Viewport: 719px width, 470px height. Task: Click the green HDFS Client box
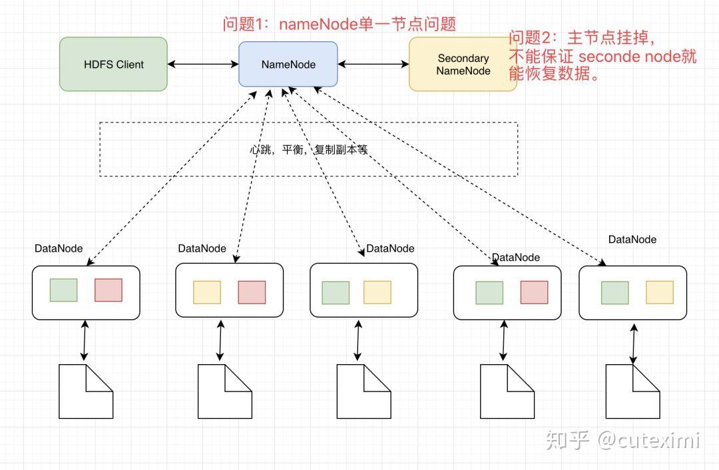pyautogui.click(x=113, y=64)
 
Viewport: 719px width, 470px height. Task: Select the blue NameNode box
pyautogui.click(x=288, y=64)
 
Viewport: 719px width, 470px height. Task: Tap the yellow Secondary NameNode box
pyautogui.click(x=463, y=64)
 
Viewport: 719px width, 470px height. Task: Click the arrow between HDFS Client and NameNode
pyautogui.click(x=203, y=64)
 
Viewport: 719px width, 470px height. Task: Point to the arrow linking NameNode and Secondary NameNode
pyautogui.click(x=373, y=64)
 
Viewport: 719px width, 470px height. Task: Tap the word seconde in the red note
pyautogui.click(x=609, y=57)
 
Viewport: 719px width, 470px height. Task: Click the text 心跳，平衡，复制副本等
pyautogui.click(x=309, y=150)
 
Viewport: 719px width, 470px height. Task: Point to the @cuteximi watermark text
pyautogui.click(x=648, y=440)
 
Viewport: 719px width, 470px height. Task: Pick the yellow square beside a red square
pyautogui.click(x=207, y=292)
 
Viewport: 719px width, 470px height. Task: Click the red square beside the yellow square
pyautogui.click(x=252, y=292)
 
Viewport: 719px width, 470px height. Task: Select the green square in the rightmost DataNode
pyautogui.click(x=615, y=292)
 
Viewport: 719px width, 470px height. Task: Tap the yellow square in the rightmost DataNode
pyautogui.click(x=660, y=292)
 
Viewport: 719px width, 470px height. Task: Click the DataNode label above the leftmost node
pyautogui.click(x=59, y=248)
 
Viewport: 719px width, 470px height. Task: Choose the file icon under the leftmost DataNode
pyautogui.click(x=86, y=391)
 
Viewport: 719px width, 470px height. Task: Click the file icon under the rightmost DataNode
pyautogui.click(x=633, y=391)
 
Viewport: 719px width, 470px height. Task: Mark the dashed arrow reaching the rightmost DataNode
pyautogui.click(x=460, y=176)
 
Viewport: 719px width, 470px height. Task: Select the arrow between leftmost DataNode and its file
pyautogui.click(x=85, y=340)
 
